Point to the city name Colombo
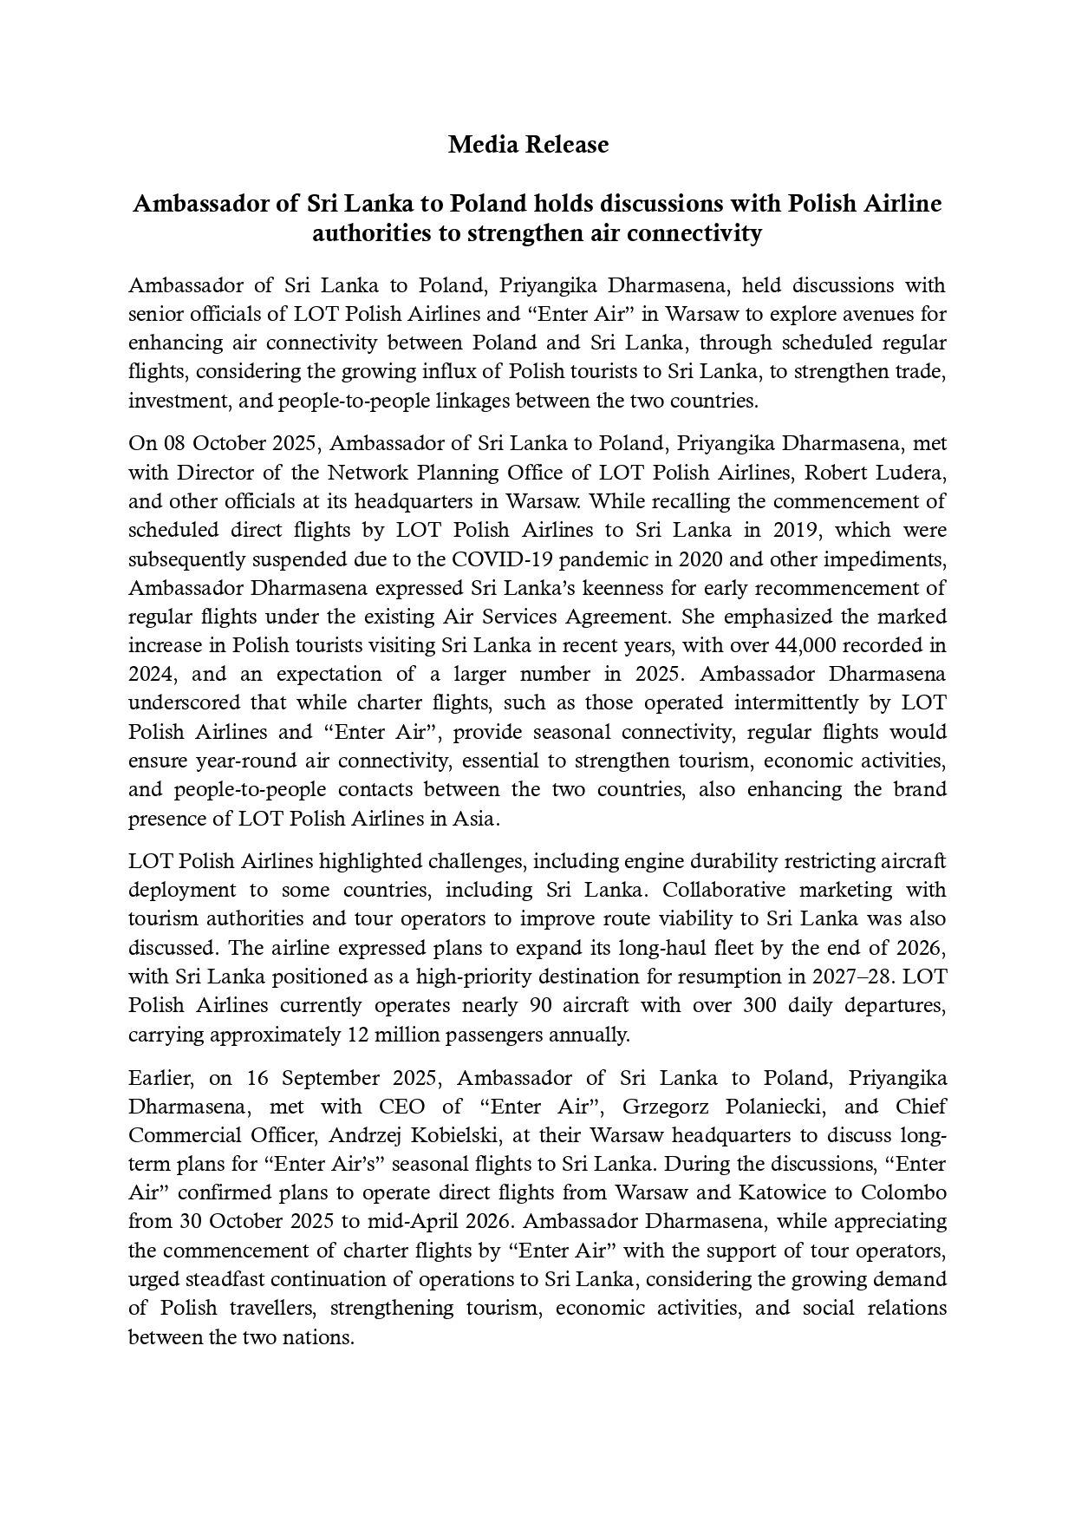pos(904,1192)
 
